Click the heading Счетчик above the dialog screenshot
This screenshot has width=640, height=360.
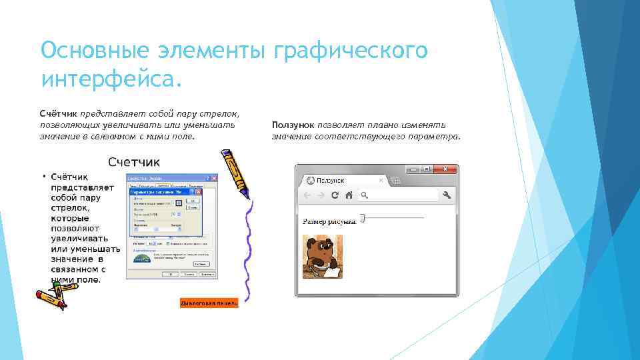[134, 162]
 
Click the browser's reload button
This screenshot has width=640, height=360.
[335, 195]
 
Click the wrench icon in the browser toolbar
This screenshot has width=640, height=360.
[447, 195]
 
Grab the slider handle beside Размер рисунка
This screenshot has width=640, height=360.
[362, 217]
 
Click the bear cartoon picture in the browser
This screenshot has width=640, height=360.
[323, 257]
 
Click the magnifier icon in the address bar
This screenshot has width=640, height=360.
[365, 196]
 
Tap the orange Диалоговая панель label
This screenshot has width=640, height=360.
[209, 303]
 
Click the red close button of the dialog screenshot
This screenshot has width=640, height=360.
[214, 179]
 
